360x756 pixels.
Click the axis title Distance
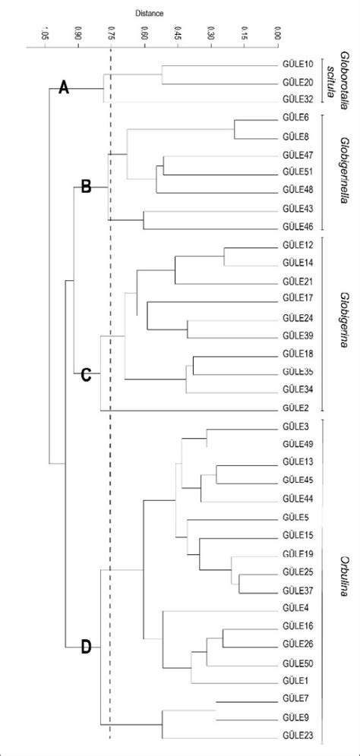pos(149,14)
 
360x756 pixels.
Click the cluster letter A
pos(64,88)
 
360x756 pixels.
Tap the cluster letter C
pos(85,375)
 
